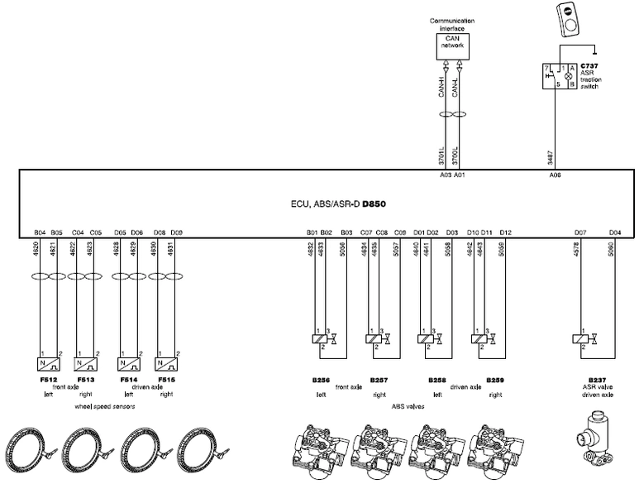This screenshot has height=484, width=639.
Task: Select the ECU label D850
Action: [374, 202]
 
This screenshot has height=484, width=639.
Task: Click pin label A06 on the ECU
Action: [555, 175]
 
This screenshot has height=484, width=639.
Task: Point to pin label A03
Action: [446, 175]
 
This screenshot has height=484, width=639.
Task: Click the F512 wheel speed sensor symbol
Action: [47, 362]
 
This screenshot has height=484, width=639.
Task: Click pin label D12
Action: [505, 233]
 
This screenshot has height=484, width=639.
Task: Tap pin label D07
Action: [580, 233]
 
